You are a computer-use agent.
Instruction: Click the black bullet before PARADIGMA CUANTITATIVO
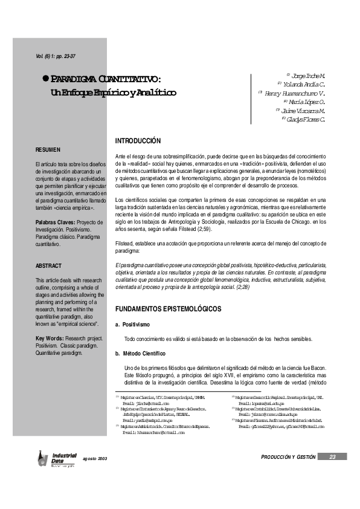coord(45,79)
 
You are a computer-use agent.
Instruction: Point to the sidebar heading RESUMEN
coord(48,149)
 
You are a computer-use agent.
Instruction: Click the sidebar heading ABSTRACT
coord(49,265)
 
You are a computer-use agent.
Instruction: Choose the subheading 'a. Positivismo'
coord(133,325)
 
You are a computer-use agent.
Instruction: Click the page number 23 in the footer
coord(332,474)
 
